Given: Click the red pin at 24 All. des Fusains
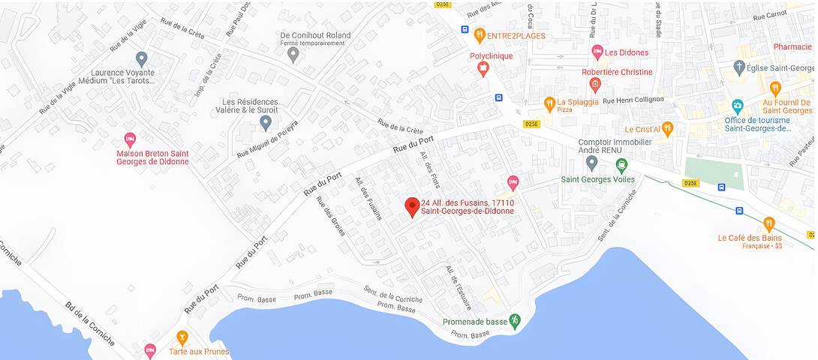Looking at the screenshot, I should point(411,206).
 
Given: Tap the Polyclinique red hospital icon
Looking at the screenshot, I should point(483,69).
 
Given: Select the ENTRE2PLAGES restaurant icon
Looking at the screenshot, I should point(480,34).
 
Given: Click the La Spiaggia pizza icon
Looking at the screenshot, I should point(549,103).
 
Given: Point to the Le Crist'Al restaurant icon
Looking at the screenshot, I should point(667,128).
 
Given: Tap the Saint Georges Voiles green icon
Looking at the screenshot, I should point(621,165).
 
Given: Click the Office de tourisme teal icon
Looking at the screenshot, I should point(737,105).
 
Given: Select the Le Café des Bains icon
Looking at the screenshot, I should point(768,223).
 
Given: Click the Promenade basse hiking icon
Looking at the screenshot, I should point(515,321).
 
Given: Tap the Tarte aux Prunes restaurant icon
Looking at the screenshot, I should point(182,337).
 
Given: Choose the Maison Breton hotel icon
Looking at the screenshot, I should point(130,139).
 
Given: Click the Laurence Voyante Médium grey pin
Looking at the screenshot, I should point(141,58).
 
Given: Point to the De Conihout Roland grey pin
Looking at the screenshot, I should point(293,53).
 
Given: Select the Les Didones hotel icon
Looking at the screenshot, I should point(597,52).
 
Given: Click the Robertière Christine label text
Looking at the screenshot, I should point(617,72).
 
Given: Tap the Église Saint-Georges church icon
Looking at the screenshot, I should point(739,67).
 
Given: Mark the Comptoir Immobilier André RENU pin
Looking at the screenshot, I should point(591,161).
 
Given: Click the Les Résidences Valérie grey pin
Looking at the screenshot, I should point(265,121).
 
